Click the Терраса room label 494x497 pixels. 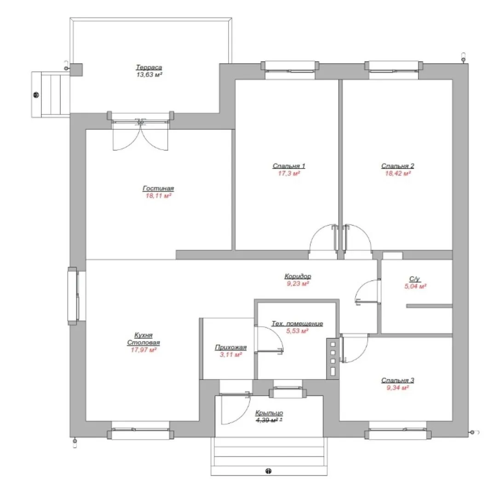[x=149, y=67]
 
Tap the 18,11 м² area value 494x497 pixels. [x=158, y=196]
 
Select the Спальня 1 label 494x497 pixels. [x=289, y=166]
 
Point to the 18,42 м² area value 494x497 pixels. [x=398, y=173]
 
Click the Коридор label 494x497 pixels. [x=298, y=276]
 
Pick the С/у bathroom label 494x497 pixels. [x=415, y=279]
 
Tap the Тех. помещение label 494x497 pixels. [x=297, y=324]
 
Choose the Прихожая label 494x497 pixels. [x=231, y=347]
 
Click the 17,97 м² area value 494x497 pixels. [x=144, y=350]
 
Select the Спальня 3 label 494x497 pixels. [x=398, y=380]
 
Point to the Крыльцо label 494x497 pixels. [x=269, y=413]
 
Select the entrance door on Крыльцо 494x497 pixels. [x=235, y=409]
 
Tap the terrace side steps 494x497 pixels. [x=51, y=94]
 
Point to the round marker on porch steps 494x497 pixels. [x=268, y=471]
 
